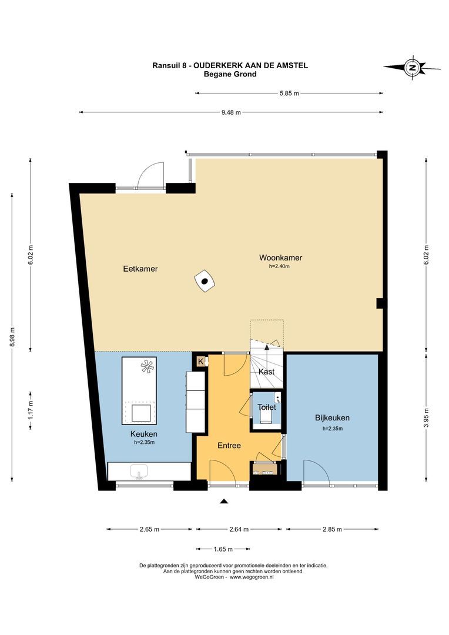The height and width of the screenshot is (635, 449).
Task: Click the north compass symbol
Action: click(x=412, y=68)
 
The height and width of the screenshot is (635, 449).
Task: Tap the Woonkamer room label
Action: click(x=280, y=258)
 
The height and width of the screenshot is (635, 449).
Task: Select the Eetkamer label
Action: click(x=140, y=269)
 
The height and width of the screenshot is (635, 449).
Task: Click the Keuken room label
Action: click(x=144, y=434)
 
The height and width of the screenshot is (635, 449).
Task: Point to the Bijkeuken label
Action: click(x=332, y=418)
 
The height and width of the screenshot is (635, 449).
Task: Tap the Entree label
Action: click(x=229, y=446)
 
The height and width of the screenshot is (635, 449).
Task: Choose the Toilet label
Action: click(x=267, y=407)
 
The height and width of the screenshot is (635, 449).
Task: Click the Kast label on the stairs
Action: click(x=266, y=372)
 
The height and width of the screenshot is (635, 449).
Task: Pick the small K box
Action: click(x=200, y=361)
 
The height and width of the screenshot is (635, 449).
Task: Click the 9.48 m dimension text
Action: click(x=231, y=112)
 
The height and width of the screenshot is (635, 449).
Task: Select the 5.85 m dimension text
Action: click(x=289, y=93)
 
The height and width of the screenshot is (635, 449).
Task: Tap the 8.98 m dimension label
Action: click(x=12, y=337)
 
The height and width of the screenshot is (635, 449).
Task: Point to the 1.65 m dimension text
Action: click(x=223, y=549)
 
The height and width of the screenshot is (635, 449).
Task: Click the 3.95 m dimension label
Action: click(x=426, y=416)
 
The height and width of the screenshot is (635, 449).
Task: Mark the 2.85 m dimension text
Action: click(x=332, y=529)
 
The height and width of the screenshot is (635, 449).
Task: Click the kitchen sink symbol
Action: click(x=139, y=472)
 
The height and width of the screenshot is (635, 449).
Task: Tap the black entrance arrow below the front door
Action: click(x=224, y=502)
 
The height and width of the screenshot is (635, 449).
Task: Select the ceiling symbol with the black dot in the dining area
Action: click(x=205, y=280)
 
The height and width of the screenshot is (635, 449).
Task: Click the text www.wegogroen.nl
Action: click(x=252, y=577)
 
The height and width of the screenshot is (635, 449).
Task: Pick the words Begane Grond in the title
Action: click(x=230, y=74)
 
